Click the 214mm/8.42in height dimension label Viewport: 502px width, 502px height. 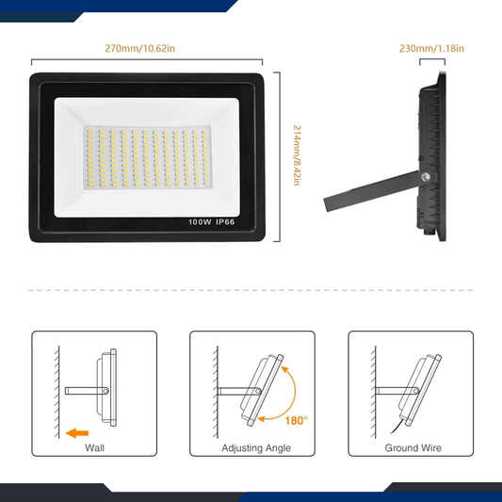(295, 154)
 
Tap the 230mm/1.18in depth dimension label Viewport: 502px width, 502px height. (431, 48)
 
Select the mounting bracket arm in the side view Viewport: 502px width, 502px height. (367, 192)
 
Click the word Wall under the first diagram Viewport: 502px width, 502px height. (95, 448)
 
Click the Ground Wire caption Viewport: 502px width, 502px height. (412, 448)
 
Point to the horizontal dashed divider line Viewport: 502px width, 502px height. (251, 291)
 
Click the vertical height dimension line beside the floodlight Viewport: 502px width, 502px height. (277, 154)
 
